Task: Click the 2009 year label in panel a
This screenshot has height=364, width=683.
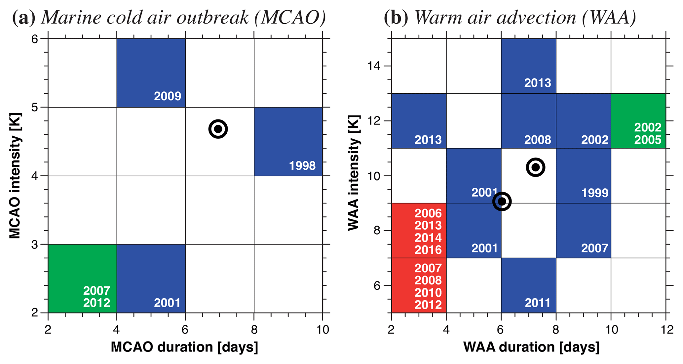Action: (168, 96)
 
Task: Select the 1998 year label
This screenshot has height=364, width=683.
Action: (302, 165)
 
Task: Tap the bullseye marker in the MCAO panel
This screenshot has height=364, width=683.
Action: (218, 129)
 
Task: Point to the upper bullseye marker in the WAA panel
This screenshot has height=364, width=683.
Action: (535, 167)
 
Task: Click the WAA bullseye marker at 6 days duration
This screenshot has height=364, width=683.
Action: (502, 201)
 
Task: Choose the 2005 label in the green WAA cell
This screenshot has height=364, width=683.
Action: (648, 140)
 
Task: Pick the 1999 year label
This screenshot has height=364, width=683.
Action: (595, 193)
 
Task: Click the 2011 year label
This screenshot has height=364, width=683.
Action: (538, 303)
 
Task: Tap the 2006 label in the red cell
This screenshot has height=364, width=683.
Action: (428, 214)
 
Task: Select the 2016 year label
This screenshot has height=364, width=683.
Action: (428, 250)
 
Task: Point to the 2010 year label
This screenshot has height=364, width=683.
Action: (428, 292)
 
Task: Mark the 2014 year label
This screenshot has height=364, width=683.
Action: (428, 238)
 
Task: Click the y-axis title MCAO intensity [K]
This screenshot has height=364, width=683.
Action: (15, 176)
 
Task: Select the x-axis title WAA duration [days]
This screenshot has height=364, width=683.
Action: (531, 347)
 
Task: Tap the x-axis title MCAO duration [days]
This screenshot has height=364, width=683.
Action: (184, 347)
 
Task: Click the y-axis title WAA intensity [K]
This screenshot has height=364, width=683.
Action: (354, 173)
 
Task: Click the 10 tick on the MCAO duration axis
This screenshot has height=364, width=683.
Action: (323, 329)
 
